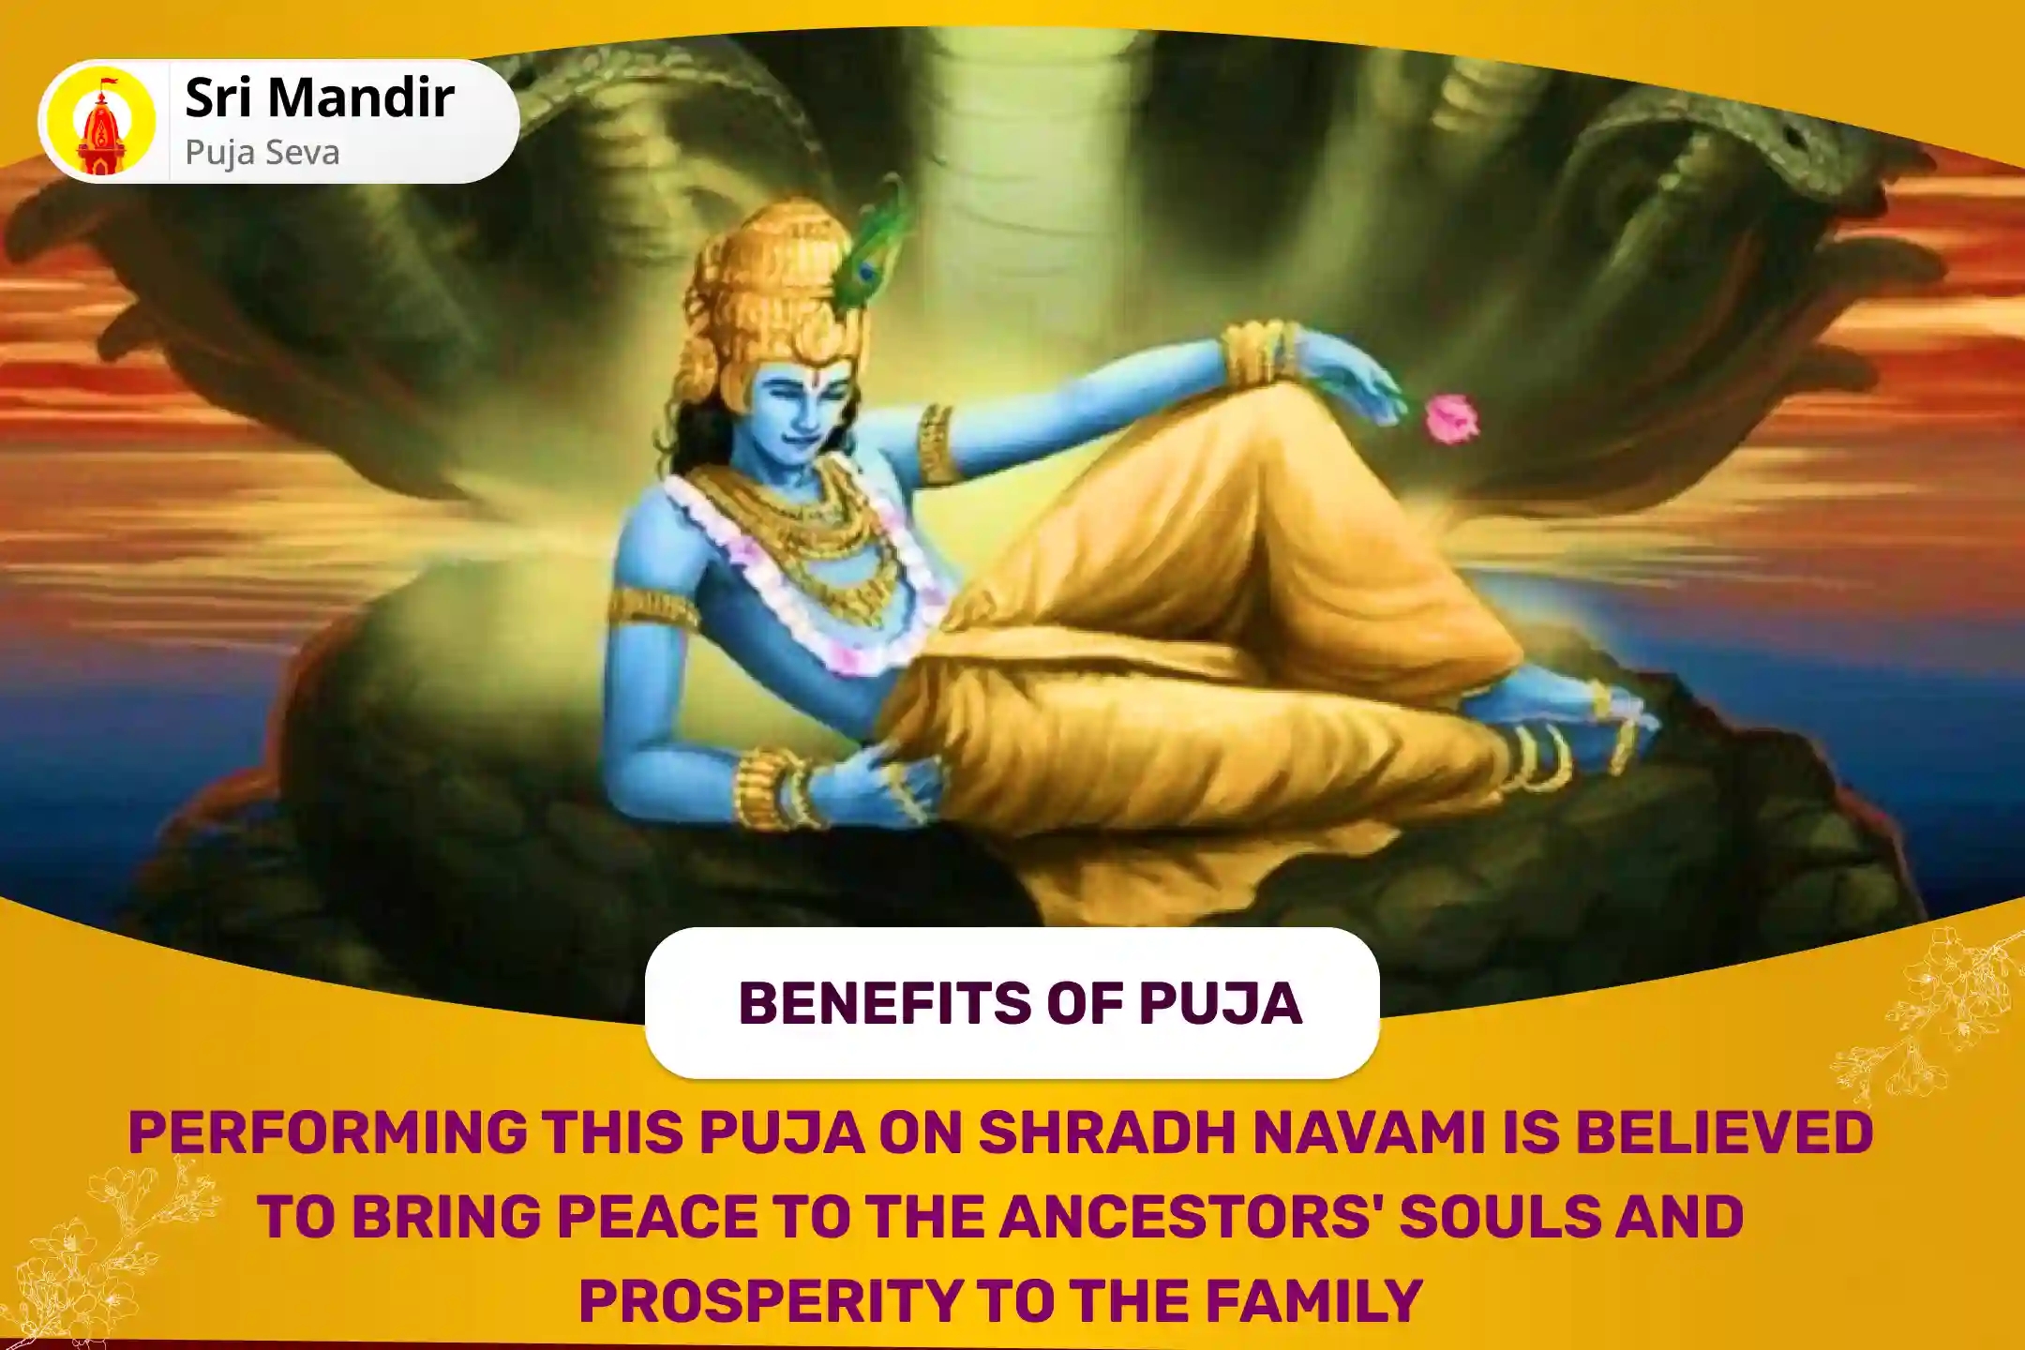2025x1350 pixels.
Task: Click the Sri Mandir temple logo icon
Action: [x=101, y=122]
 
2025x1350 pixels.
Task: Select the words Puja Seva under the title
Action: [x=262, y=153]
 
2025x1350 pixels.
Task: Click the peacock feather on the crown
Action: [x=872, y=248]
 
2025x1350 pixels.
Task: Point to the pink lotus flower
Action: [x=1451, y=419]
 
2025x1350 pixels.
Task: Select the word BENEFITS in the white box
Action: [x=885, y=1003]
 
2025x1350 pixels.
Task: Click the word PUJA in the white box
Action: [x=1220, y=1003]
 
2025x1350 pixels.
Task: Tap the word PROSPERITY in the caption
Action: [x=771, y=1301]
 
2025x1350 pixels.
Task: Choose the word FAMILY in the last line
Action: [x=1314, y=1301]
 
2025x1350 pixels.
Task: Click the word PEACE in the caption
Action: [x=657, y=1217]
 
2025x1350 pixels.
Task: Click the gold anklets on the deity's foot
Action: [x=1537, y=755]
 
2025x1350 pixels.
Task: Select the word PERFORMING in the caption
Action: [x=328, y=1132]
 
